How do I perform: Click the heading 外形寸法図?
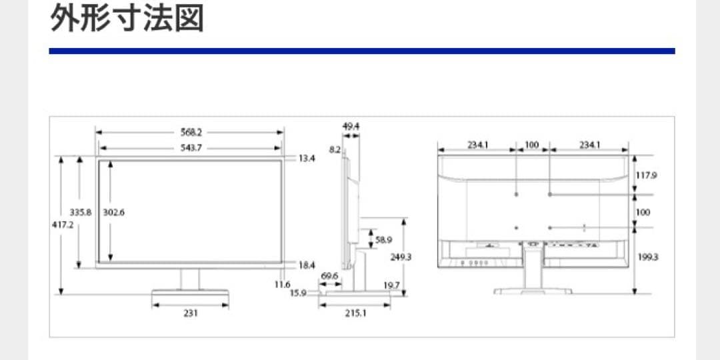pyautogui.click(x=127, y=19)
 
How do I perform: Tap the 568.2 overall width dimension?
pyautogui.click(x=191, y=132)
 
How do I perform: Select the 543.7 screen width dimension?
pyautogui.click(x=191, y=147)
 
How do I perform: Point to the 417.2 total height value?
pyautogui.click(x=63, y=225)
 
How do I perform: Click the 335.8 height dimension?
pyautogui.click(x=81, y=213)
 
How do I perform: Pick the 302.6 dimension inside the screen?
pyautogui.click(x=115, y=213)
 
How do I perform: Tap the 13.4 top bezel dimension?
pyautogui.click(x=307, y=159)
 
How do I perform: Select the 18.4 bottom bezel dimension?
pyautogui.click(x=307, y=265)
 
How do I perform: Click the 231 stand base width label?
pyautogui.click(x=191, y=312)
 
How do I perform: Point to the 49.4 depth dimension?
pyautogui.click(x=351, y=126)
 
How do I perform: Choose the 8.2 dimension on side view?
pyautogui.click(x=335, y=151)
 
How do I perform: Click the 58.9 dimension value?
pyautogui.click(x=383, y=239)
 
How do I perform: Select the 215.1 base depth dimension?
pyautogui.click(x=355, y=313)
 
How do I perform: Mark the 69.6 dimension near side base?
pyautogui.click(x=329, y=275)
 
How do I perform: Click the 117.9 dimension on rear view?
pyautogui.click(x=647, y=176)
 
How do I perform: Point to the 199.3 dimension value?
pyautogui.click(x=647, y=257)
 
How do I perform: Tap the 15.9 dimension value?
pyautogui.click(x=297, y=293)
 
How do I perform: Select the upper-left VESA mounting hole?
pyautogui.click(x=517, y=194)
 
